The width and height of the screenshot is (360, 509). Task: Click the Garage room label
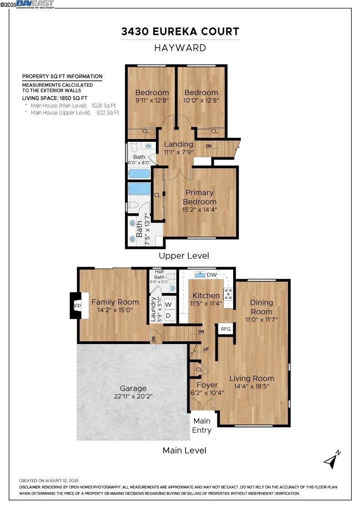pyautogui.click(x=133, y=388)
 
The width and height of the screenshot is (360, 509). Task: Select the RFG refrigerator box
pyautogui.click(x=225, y=329)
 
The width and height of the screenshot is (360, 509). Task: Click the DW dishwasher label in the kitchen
pyautogui.click(x=212, y=274)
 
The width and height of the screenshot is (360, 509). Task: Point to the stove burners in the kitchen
pyautogui.click(x=228, y=294)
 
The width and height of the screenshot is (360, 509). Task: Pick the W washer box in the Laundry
pyautogui.click(x=168, y=304)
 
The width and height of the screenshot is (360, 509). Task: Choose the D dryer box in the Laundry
pyautogui.click(x=168, y=315)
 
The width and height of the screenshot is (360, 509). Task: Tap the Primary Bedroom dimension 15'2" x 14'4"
pyautogui.click(x=199, y=210)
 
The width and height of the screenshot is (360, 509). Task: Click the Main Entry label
pyautogui.click(x=201, y=425)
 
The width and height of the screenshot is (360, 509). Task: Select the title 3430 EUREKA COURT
pyautogui.click(x=180, y=31)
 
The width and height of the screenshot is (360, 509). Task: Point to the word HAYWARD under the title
pyautogui.click(x=180, y=48)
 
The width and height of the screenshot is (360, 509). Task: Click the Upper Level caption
pyautogui.click(x=184, y=256)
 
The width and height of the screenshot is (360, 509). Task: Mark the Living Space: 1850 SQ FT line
pyautogui.click(x=55, y=98)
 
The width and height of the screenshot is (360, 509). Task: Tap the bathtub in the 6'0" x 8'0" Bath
pyautogui.click(x=139, y=174)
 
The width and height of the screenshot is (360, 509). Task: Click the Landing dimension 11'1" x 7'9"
pyautogui.click(x=179, y=152)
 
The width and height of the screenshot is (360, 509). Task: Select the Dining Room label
pyautogui.click(x=261, y=307)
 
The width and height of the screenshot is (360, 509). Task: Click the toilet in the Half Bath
pyautogui.click(x=171, y=276)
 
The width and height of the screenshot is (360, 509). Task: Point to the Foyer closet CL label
pyautogui.click(x=199, y=369)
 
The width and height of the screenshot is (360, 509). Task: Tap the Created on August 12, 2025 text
pyautogui.click(x=49, y=480)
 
